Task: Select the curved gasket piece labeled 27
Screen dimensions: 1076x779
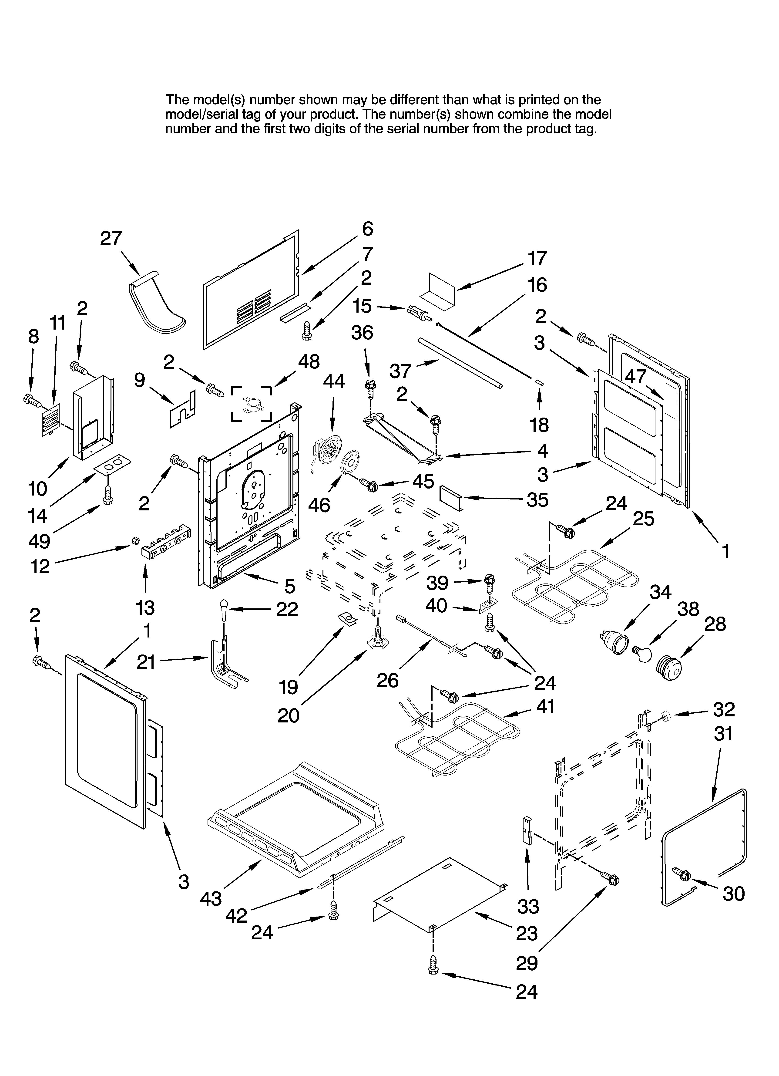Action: coord(157,304)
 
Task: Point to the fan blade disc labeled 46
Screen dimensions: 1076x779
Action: coord(352,462)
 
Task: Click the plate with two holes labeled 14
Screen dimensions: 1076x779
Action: coord(112,465)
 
